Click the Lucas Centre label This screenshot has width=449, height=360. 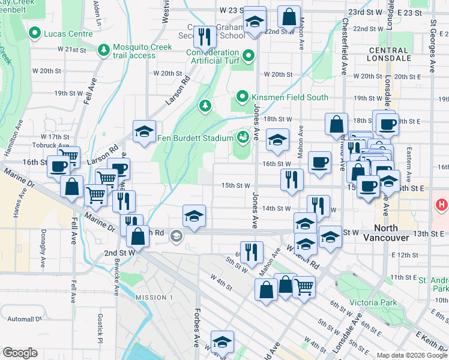[x=68, y=34]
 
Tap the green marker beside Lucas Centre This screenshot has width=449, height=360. [x=35, y=34]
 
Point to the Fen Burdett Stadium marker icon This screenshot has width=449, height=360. [x=243, y=138]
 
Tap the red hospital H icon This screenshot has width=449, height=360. [x=442, y=205]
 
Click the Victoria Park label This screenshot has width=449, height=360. [x=373, y=303]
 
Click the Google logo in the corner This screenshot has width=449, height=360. [x=20, y=353]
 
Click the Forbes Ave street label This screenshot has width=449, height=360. [x=196, y=327]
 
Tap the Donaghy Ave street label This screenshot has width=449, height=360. [x=43, y=248]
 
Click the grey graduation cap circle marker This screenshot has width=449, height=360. [x=176, y=236]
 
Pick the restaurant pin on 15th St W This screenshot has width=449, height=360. [x=291, y=179]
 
